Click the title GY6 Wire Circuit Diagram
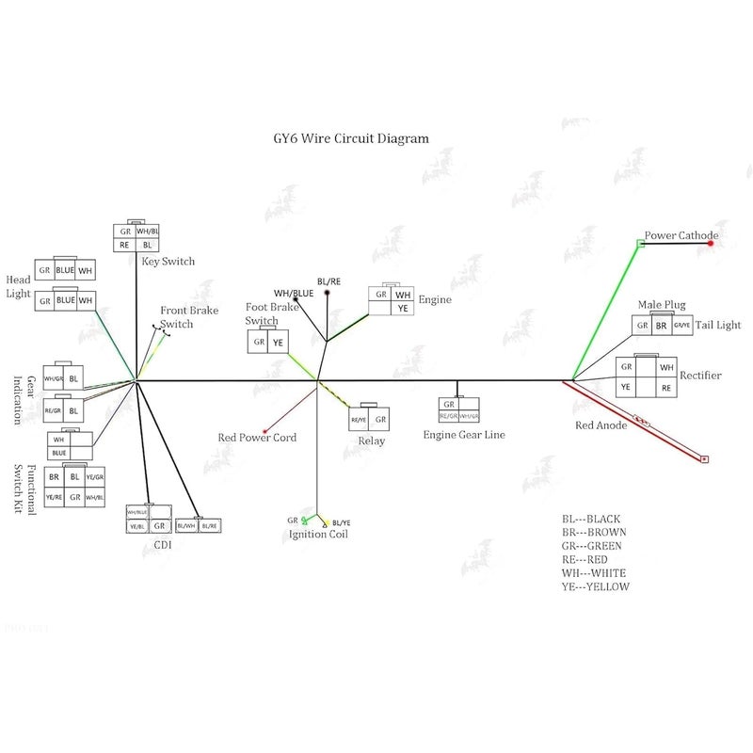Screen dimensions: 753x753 click(x=344, y=138)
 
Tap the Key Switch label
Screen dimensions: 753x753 click(x=168, y=261)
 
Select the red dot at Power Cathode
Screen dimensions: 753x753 click(x=711, y=244)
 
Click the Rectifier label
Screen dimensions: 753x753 click(x=700, y=376)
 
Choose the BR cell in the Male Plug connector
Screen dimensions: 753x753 click(x=662, y=326)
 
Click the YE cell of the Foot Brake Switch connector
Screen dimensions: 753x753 click(x=278, y=344)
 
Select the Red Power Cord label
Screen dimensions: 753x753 click(x=257, y=438)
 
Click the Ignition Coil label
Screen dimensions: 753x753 click(x=318, y=535)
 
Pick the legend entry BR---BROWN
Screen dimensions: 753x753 click(x=592, y=532)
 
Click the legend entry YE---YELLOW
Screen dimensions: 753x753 click(x=595, y=586)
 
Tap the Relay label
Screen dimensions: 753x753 click(x=372, y=441)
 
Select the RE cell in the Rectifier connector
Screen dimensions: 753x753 click(x=666, y=387)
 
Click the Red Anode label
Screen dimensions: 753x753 click(x=601, y=425)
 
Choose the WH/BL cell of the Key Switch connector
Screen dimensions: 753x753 click(x=148, y=231)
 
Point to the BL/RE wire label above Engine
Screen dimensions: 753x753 click(x=328, y=281)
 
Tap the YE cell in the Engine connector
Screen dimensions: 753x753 click(x=403, y=308)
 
